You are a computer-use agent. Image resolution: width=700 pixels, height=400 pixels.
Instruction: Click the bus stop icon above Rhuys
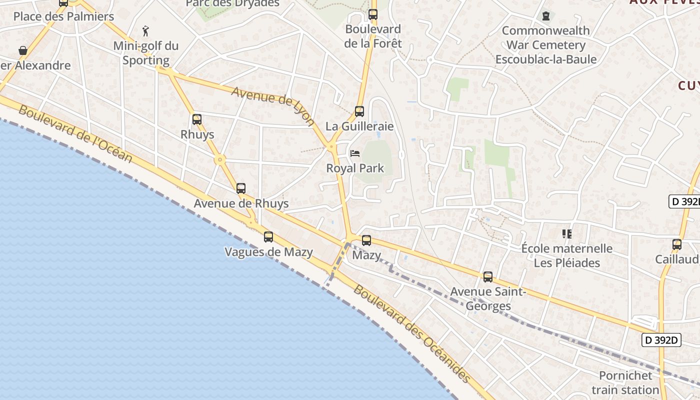(x=197, y=119)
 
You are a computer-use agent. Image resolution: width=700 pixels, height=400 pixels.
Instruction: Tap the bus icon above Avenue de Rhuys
(x=241, y=188)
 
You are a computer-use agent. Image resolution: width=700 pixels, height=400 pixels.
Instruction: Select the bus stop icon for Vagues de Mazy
(x=268, y=237)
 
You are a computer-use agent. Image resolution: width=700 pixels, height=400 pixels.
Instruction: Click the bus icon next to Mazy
(x=366, y=240)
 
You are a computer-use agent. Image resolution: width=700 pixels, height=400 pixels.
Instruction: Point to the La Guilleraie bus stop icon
(x=359, y=111)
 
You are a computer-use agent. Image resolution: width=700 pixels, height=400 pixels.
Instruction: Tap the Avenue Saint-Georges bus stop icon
(x=488, y=276)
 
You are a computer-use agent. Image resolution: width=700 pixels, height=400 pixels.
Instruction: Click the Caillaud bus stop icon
(x=677, y=244)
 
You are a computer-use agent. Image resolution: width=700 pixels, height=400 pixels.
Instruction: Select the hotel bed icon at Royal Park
(x=355, y=153)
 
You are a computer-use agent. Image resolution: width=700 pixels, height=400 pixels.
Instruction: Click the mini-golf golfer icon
(x=145, y=31)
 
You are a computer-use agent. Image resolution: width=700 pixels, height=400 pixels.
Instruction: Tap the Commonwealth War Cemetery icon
(x=546, y=16)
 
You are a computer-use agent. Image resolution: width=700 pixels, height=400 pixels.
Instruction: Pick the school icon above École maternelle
(x=567, y=233)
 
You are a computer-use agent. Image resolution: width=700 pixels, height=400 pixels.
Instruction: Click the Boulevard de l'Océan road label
(x=75, y=133)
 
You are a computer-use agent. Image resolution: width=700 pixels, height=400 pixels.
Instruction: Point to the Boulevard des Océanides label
(x=412, y=333)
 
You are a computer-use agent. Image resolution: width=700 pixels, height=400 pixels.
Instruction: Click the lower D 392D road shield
(x=662, y=340)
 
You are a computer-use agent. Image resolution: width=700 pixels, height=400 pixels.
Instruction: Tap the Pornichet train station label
(x=625, y=382)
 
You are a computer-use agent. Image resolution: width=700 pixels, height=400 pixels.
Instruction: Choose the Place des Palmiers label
(x=63, y=16)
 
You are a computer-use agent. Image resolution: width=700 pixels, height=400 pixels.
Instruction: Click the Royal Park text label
(x=355, y=168)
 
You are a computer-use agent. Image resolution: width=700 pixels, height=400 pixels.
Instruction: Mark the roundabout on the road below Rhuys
(x=220, y=160)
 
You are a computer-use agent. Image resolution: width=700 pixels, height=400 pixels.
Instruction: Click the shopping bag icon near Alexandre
(x=22, y=50)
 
